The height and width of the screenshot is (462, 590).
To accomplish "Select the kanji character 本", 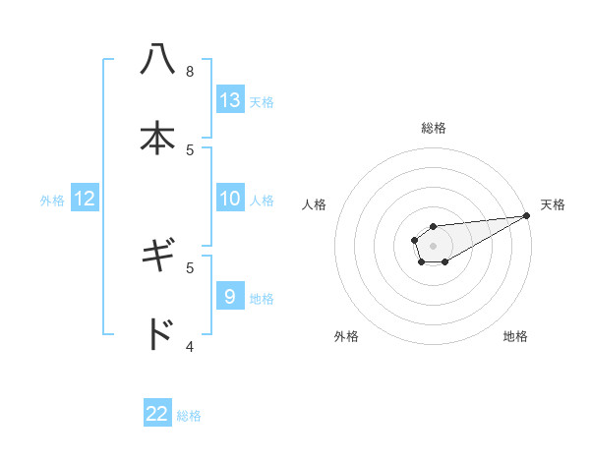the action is coord(157,138).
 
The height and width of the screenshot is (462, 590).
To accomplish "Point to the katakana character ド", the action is coord(157,334).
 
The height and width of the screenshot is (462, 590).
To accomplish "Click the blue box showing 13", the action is coord(230,100).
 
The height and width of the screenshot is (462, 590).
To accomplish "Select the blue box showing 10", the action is coord(230,199).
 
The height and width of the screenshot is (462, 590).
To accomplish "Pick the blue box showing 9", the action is coord(230,297).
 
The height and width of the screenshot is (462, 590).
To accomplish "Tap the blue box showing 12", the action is coord(85,199).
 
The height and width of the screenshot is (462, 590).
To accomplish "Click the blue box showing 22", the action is coord(157,414).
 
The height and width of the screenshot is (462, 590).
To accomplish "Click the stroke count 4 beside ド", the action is coord(190,346).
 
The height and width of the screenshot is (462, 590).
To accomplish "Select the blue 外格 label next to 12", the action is coord(52,201).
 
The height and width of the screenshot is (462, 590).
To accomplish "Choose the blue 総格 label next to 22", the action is coord(189,416).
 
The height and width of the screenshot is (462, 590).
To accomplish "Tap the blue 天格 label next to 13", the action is coord(262,102).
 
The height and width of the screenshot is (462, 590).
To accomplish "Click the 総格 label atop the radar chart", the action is coord(433,128).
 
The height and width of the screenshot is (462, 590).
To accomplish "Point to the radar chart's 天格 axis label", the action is coord(553,204).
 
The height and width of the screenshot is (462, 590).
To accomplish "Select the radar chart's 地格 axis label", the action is coord(515,336).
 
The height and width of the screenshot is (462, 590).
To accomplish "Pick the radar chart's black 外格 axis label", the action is coord(346,336).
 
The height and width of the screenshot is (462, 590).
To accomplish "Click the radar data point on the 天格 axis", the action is coord(526,215).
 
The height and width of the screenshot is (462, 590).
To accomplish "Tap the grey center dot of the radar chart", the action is coord(433,244).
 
